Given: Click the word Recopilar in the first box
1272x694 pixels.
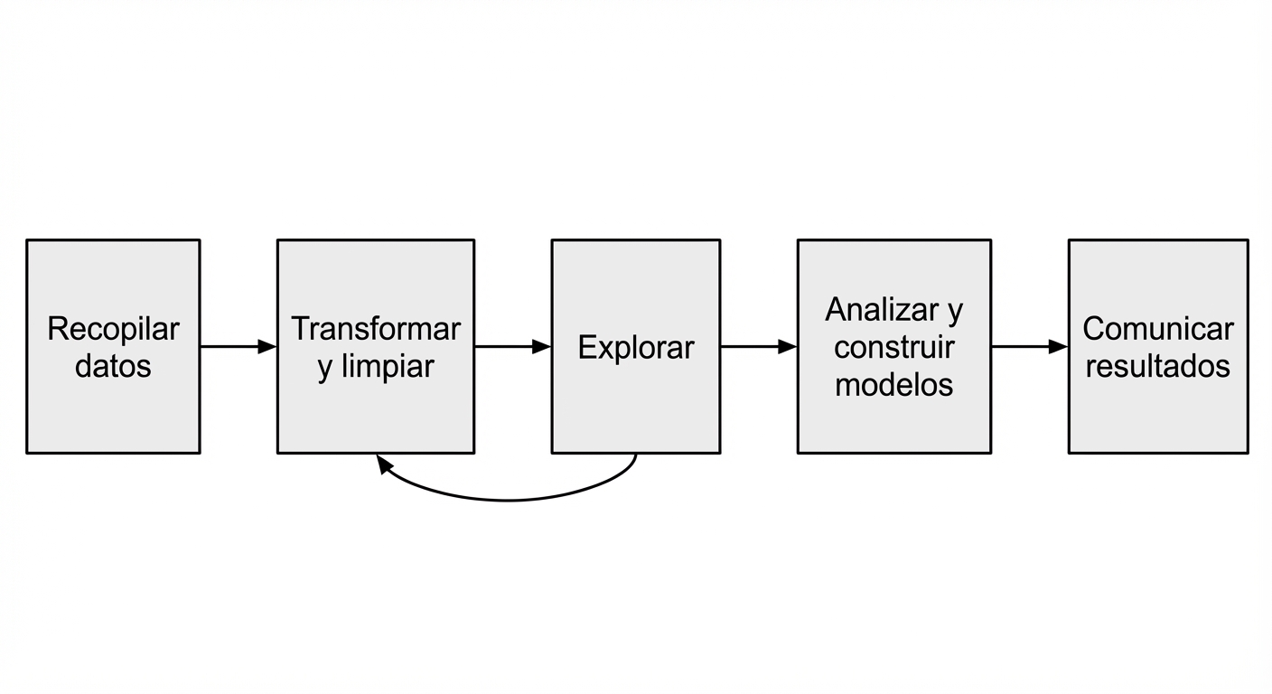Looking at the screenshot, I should pos(113,329).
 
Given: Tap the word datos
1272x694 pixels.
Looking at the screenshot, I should pos(113,366).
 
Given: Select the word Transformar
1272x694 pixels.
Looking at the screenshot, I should pos(375,329).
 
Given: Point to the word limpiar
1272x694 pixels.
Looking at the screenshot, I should pos(388,366).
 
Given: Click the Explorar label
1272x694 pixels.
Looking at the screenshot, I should pos(636,348).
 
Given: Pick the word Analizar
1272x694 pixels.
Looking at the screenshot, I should pos(882,310).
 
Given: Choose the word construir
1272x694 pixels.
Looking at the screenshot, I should pos(893,347).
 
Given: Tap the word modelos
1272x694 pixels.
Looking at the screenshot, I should pos(893,384).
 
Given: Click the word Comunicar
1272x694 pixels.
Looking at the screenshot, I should pos(1157,329).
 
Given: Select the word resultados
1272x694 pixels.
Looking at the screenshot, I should pos(1157,366).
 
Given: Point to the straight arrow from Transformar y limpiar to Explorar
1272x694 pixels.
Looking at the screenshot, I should pos(511,346).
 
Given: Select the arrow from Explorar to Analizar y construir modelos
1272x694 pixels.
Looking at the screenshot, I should pos(757,346).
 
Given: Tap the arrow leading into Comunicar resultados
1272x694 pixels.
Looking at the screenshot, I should pos(1028,346).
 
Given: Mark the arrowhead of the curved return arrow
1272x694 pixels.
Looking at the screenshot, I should pos(384,464).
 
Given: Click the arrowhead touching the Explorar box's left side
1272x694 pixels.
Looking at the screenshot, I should pos(542,346).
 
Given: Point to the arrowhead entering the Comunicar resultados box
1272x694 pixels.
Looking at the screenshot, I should pos(1059,346).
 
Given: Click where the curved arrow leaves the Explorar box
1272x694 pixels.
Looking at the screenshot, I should pos(636,455).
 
